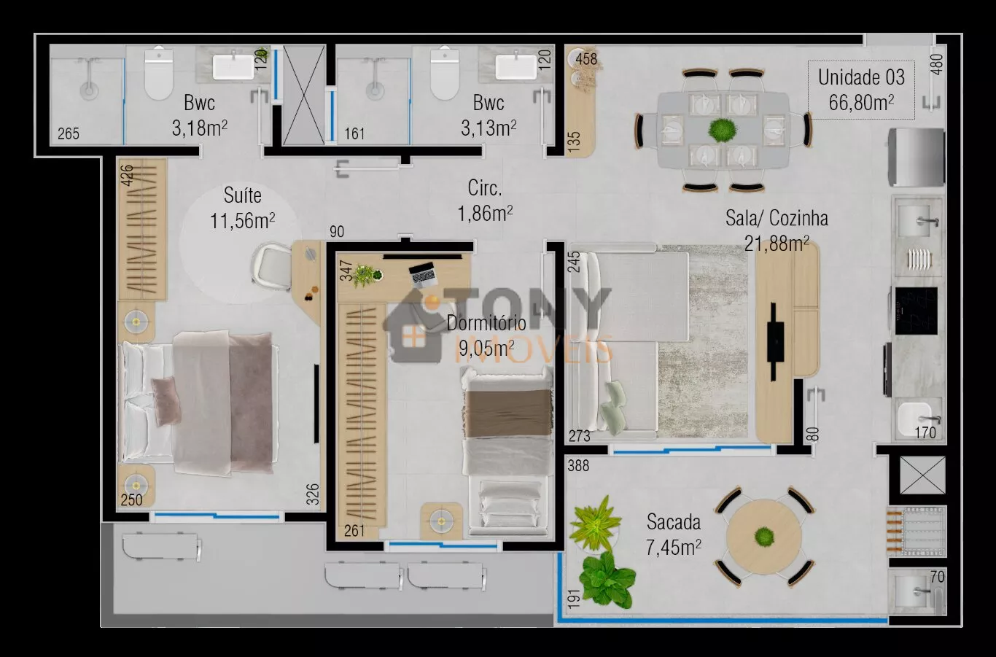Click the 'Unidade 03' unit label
coord(861,77)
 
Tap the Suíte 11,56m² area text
coord(242,221)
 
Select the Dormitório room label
coord(486,323)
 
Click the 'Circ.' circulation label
coord(485,188)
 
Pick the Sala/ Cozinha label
coord(777,218)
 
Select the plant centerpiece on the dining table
coord(722,130)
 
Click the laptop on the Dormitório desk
coord(423,274)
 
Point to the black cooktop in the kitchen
coord(916,311)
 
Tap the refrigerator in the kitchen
coord(917,157)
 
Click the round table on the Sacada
coord(764,537)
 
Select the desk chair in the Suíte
coord(271,265)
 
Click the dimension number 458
coord(586,59)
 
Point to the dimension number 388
coord(578,466)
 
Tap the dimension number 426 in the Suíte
coord(127,175)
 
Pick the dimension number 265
coord(69,133)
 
